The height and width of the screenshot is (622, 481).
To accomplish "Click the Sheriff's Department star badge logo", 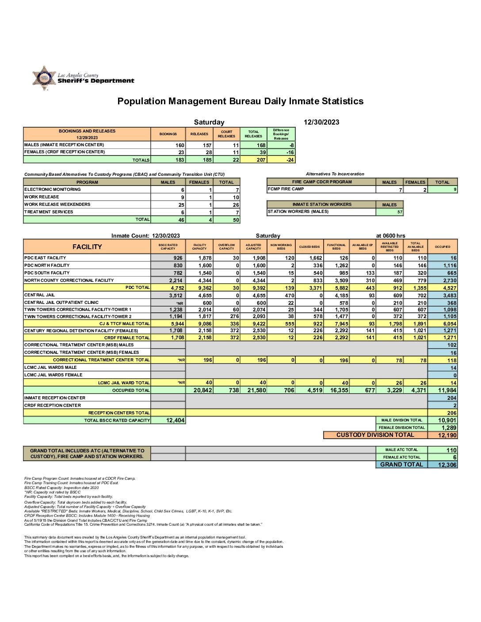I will point(44,78).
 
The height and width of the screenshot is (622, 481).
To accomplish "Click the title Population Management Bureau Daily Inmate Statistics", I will point(240,101).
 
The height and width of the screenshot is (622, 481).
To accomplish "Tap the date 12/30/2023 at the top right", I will point(321,122).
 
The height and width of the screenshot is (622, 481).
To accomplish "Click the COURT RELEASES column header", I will point(226,134).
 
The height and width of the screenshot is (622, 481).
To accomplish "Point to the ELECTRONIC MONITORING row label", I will point(53,189).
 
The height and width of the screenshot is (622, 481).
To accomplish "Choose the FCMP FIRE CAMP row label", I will point(286,189).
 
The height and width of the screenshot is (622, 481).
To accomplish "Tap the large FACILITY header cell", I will point(87,247).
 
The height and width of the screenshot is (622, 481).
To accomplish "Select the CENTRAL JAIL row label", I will point(40,295).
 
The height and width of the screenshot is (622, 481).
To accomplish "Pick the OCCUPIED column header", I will point(443,247).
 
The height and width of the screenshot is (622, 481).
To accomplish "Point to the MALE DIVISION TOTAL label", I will point(401,420).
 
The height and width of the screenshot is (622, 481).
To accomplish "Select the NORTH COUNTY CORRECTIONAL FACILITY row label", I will point(69,280).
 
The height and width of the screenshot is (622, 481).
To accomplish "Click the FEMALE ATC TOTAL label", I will point(401,457).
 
